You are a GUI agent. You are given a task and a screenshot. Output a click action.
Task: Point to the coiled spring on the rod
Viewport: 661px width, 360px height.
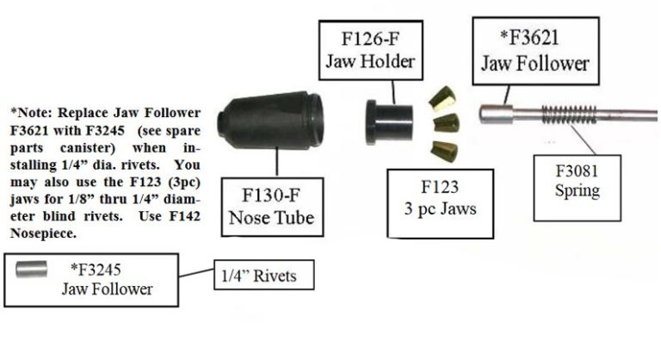coord(574,115)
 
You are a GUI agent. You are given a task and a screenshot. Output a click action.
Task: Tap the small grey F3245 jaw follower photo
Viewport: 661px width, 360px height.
coord(31,268)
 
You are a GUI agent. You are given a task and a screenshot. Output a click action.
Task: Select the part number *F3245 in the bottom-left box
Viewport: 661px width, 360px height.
coord(106,270)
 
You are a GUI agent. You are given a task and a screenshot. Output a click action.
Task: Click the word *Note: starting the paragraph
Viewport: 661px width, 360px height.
coord(34,112)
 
